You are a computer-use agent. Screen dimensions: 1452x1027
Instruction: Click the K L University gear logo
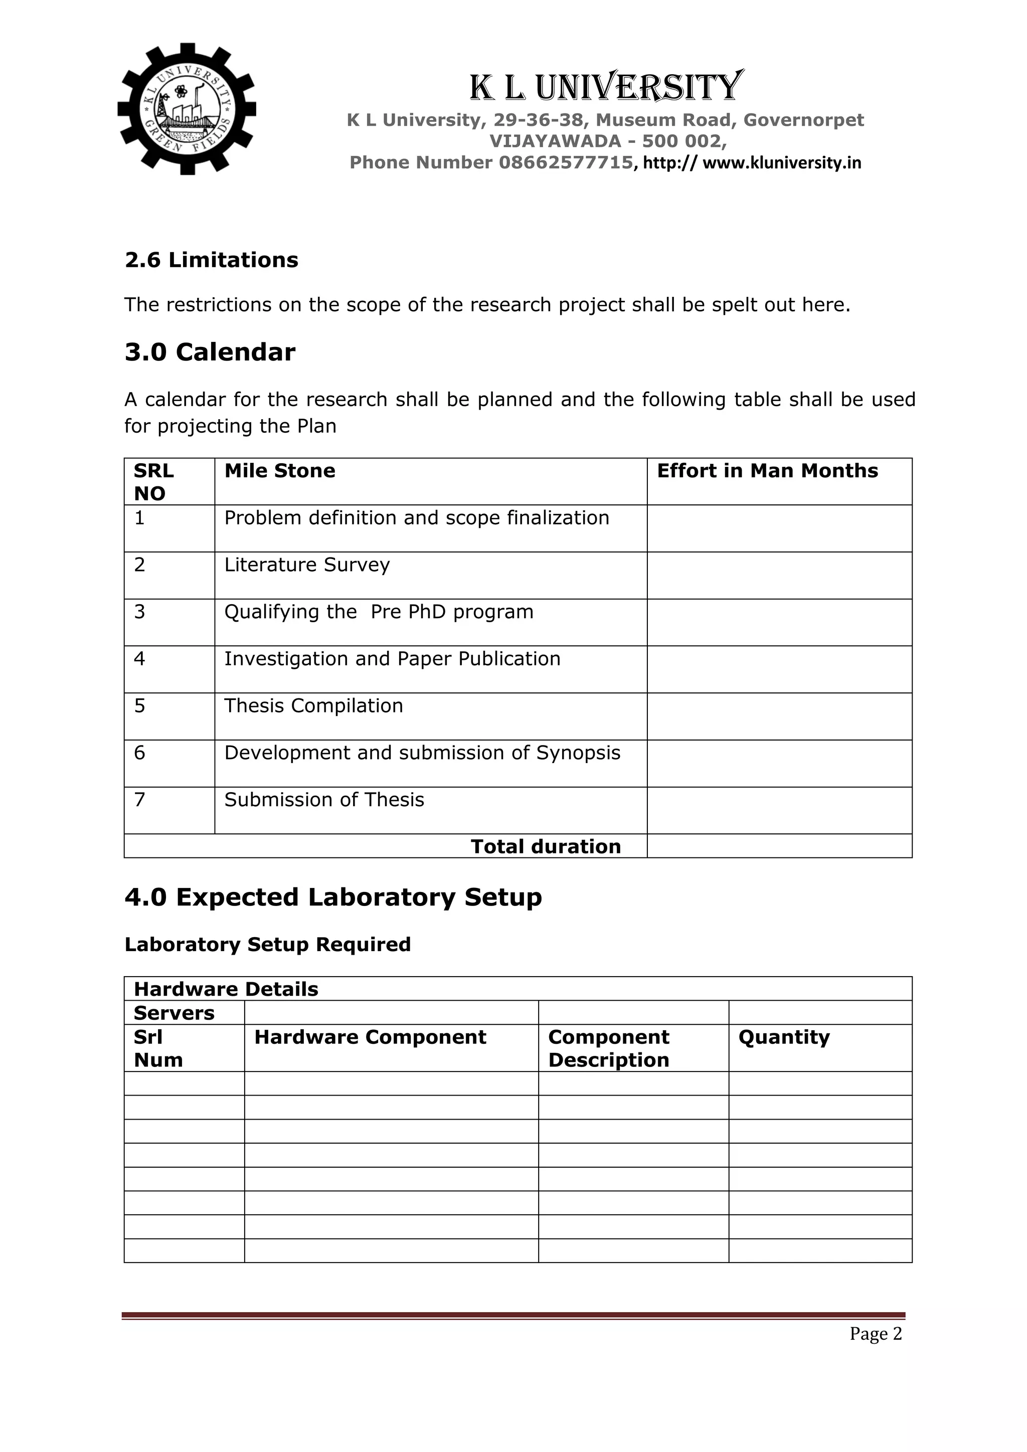point(187,109)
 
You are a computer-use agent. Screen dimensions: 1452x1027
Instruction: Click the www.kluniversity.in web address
point(782,163)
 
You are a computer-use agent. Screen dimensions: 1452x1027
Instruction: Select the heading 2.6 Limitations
point(211,260)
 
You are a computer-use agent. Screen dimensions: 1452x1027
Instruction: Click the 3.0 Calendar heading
point(210,352)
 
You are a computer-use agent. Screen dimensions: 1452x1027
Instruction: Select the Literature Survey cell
point(307,565)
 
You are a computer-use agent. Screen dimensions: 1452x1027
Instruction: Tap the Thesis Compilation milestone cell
point(313,706)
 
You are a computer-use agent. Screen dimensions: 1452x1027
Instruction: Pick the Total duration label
point(545,847)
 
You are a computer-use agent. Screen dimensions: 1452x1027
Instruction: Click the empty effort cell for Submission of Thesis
point(779,811)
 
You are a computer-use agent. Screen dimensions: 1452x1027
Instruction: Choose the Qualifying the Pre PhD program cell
point(378,612)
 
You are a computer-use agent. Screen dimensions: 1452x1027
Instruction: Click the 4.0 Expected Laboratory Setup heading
point(333,897)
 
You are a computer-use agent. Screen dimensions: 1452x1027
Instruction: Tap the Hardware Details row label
point(226,989)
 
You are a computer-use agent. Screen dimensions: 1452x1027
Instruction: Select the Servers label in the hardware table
point(174,1013)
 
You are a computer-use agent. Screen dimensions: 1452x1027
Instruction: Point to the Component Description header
point(608,1048)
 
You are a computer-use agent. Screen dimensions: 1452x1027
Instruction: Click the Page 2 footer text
point(875,1334)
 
